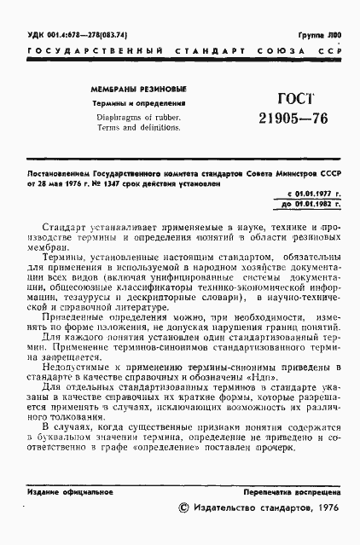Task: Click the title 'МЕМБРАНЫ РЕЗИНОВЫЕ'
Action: [139, 90]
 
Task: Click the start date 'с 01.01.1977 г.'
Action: [315, 194]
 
